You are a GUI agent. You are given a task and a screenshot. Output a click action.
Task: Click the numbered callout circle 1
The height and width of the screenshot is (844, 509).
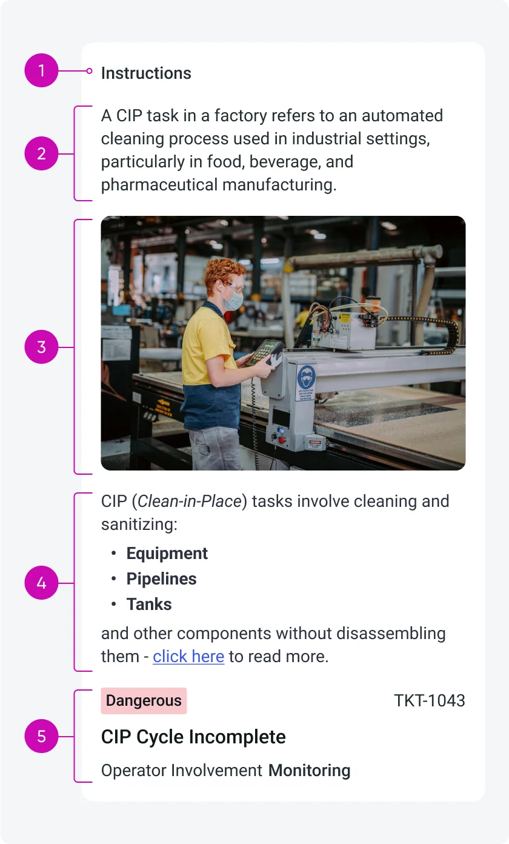pyautogui.click(x=41, y=70)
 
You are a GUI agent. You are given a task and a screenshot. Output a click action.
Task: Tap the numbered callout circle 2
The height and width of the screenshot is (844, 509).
pyautogui.click(x=41, y=153)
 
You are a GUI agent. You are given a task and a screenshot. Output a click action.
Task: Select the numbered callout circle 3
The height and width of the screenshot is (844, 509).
pyautogui.click(x=41, y=347)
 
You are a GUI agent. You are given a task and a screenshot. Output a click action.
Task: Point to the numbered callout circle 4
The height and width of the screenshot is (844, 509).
pyautogui.click(x=41, y=583)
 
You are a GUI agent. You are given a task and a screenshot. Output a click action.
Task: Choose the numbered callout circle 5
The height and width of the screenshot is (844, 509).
pyautogui.click(x=41, y=736)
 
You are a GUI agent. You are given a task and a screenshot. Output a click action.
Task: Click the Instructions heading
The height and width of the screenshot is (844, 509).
pyautogui.click(x=146, y=73)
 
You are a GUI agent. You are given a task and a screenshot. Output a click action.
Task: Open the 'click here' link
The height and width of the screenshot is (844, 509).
pyautogui.click(x=188, y=657)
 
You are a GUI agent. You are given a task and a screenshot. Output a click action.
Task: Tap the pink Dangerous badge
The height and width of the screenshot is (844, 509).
pyautogui.click(x=144, y=700)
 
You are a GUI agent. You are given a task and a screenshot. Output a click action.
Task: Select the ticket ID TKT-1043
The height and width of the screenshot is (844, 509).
pyautogui.click(x=430, y=700)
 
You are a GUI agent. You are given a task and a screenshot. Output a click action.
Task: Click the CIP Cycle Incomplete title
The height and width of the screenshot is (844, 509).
pyautogui.click(x=193, y=737)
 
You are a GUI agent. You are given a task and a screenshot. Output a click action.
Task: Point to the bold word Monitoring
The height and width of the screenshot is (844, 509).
pyautogui.click(x=310, y=770)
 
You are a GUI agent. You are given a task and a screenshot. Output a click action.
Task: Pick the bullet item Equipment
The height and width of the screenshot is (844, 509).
pyautogui.click(x=167, y=553)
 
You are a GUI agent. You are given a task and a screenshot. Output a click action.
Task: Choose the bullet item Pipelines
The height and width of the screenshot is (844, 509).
pyautogui.click(x=162, y=579)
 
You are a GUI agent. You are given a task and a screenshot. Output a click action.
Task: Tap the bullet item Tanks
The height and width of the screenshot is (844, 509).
pyautogui.click(x=149, y=604)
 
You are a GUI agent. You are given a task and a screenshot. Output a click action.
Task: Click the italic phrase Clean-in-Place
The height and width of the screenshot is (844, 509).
pyautogui.click(x=190, y=501)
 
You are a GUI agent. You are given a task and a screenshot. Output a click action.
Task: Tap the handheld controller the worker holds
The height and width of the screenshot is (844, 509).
pyautogui.click(x=264, y=353)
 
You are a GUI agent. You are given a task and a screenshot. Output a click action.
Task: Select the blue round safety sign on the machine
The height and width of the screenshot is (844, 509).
pyautogui.click(x=305, y=378)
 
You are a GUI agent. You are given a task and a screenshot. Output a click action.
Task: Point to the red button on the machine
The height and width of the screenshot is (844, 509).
pyautogui.click(x=282, y=440)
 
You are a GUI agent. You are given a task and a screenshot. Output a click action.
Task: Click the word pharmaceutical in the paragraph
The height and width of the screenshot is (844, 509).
pyautogui.click(x=159, y=184)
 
